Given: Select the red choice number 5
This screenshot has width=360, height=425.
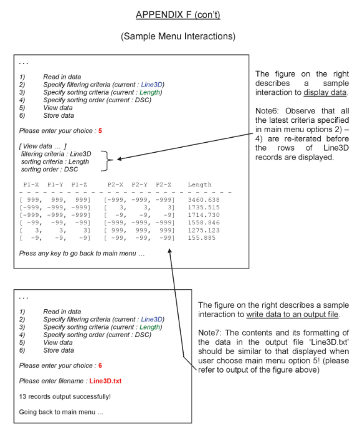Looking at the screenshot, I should coord(100,131).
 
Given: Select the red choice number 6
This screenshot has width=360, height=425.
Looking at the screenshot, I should coord(100,365).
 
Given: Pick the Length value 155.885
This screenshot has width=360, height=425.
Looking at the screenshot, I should coord(201,237).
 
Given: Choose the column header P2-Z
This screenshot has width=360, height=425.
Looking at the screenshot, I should coord(163,184).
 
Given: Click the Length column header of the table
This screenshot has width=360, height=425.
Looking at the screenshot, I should coord(199,184).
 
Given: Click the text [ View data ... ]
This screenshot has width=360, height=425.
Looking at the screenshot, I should coord(43,145).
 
